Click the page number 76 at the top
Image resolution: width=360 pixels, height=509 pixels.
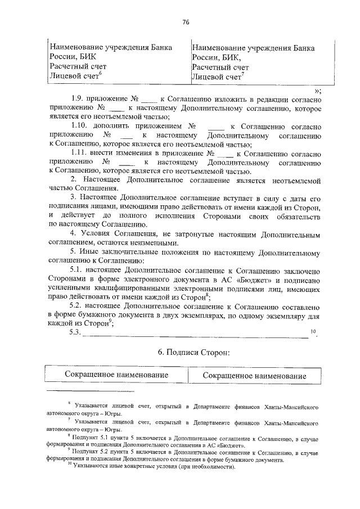(185, 22)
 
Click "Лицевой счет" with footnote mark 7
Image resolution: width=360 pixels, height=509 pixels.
(216, 76)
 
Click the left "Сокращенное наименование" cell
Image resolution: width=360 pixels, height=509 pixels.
(116, 375)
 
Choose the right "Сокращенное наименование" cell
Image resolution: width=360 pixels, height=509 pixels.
(254, 375)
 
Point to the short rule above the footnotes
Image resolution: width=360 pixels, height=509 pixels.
(76, 393)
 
